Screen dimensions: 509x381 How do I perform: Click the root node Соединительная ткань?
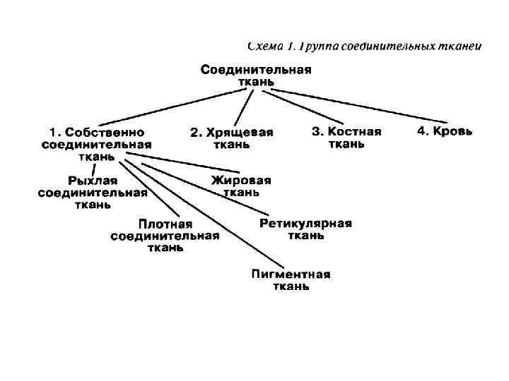pos(256,75)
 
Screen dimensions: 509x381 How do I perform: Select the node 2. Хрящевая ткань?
pos(232,138)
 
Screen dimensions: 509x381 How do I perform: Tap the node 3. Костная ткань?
pos(346,138)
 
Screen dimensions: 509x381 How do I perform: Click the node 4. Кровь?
pos(445,131)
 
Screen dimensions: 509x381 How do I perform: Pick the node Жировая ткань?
pos(241,186)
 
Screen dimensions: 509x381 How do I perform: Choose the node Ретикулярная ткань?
pos(305,229)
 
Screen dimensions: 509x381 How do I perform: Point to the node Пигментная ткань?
pos(291,280)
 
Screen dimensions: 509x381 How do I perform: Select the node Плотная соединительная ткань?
pos(165,236)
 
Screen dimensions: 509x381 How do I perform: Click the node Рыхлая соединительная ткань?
pos(93,193)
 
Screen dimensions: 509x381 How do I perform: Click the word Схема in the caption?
pos(267,47)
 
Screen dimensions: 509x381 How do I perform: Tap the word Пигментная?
pos(291,274)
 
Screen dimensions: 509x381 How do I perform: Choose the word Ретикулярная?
pos(305,224)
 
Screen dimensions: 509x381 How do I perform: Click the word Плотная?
pos(165,224)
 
